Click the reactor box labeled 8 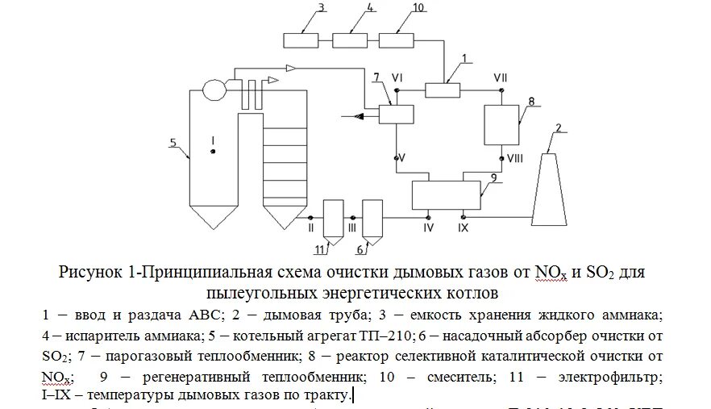coord(501,123)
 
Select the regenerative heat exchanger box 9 coord(446,194)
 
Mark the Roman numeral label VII coord(501,77)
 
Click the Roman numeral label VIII coord(514,159)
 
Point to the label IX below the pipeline coord(464,229)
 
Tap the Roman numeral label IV coord(428,229)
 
